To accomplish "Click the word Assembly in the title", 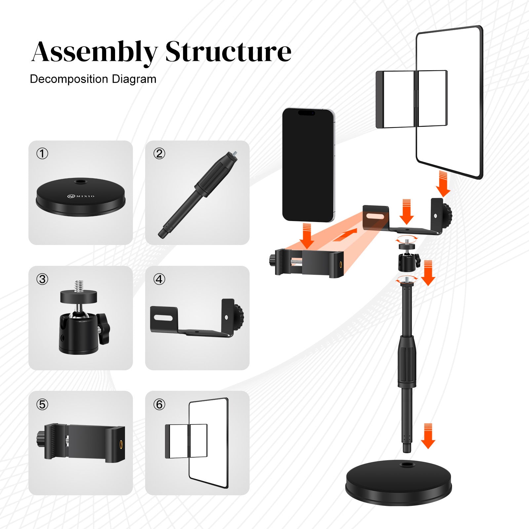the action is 94,52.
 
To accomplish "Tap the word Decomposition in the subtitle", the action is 69,79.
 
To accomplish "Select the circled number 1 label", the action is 42,154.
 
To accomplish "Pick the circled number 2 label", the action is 159,154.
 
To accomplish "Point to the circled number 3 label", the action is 42,279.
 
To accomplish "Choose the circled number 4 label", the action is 159,279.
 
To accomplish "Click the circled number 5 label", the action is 42,404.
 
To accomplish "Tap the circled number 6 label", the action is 159,404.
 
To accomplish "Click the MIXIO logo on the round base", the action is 81,196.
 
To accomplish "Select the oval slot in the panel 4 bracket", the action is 163,318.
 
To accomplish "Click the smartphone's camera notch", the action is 306,113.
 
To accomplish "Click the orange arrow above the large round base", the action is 428,436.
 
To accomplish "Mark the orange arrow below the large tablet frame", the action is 443,184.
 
